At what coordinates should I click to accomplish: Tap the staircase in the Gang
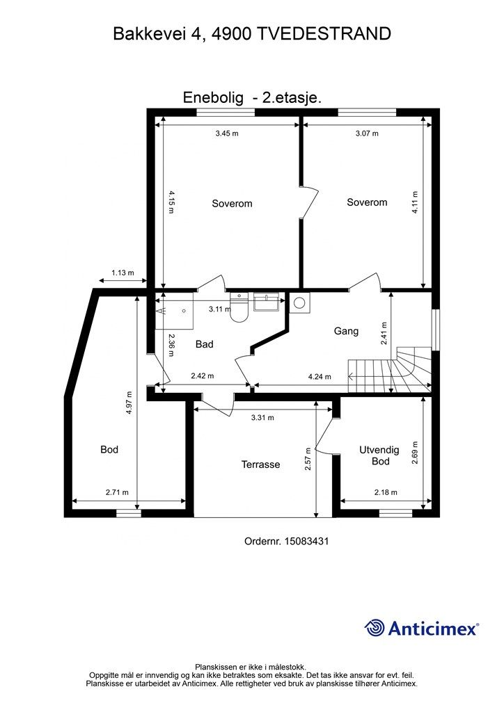389,370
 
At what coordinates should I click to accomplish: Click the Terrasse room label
260,464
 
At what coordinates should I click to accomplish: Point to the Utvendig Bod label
379,455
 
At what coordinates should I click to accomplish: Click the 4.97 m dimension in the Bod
129,403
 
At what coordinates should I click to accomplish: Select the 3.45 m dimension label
227,133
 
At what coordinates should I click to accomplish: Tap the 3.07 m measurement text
367,133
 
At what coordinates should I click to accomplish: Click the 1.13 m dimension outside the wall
123,273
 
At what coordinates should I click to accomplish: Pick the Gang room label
346,331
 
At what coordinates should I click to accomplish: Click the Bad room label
205,344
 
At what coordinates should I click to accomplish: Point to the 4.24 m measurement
320,376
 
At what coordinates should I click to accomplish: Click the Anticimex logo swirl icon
375,628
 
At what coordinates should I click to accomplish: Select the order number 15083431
306,541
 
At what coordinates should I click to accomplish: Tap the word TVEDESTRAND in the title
324,34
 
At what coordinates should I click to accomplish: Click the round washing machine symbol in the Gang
299,303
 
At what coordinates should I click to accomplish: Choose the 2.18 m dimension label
386,492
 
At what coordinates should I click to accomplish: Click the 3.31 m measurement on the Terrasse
262,418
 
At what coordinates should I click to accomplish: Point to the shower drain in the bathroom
184,311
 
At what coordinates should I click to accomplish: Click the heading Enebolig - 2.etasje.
252,97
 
